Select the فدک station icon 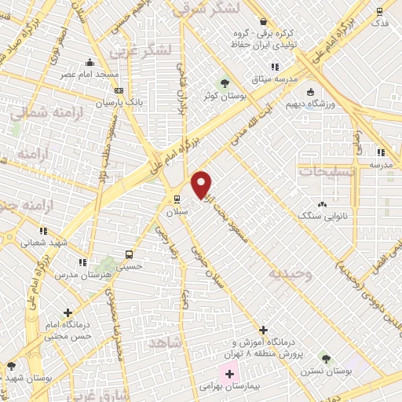[x=380, y=11]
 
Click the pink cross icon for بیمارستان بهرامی [x=229, y=373]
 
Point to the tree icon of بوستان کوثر [x=225, y=82]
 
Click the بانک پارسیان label [x=114, y=103]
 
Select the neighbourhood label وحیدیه [x=291, y=275]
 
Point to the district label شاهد [x=185, y=342]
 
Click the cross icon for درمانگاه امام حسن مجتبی [x=69, y=312]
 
